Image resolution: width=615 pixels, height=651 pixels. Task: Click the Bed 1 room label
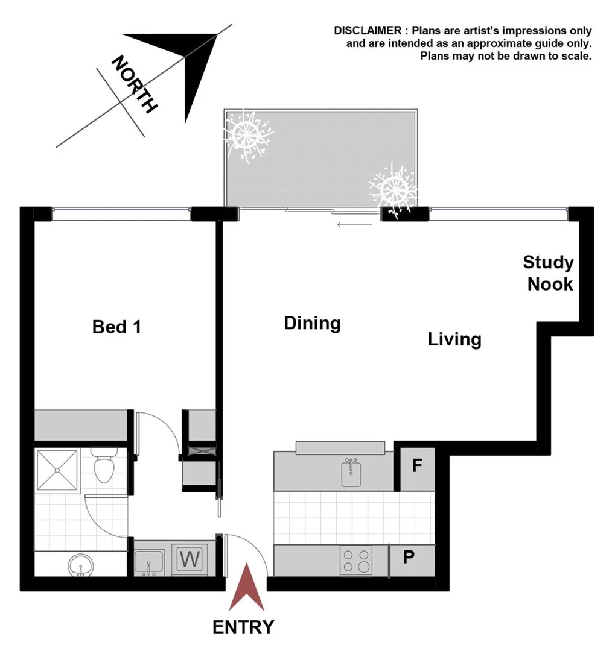click(x=116, y=327)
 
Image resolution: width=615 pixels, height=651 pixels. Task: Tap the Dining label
click(x=312, y=324)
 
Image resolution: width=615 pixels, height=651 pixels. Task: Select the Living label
click(x=454, y=339)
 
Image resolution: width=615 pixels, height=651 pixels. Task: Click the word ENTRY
click(x=243, y=627)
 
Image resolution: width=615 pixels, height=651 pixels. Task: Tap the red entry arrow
click(x=246, y=587)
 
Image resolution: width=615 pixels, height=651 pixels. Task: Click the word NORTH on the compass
click(x=135, y=84)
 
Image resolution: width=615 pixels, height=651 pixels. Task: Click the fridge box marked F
click(x=416, y=466)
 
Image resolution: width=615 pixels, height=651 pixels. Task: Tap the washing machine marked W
click(x=190, y=559)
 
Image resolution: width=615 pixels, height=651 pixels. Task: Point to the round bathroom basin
click(x=81, y=566)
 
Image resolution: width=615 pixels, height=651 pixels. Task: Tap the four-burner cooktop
click(x=356, y=560)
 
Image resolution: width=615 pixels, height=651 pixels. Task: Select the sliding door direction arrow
click(x=354, y=225)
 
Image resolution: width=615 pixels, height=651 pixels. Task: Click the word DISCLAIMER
click(x=369, y=31)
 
